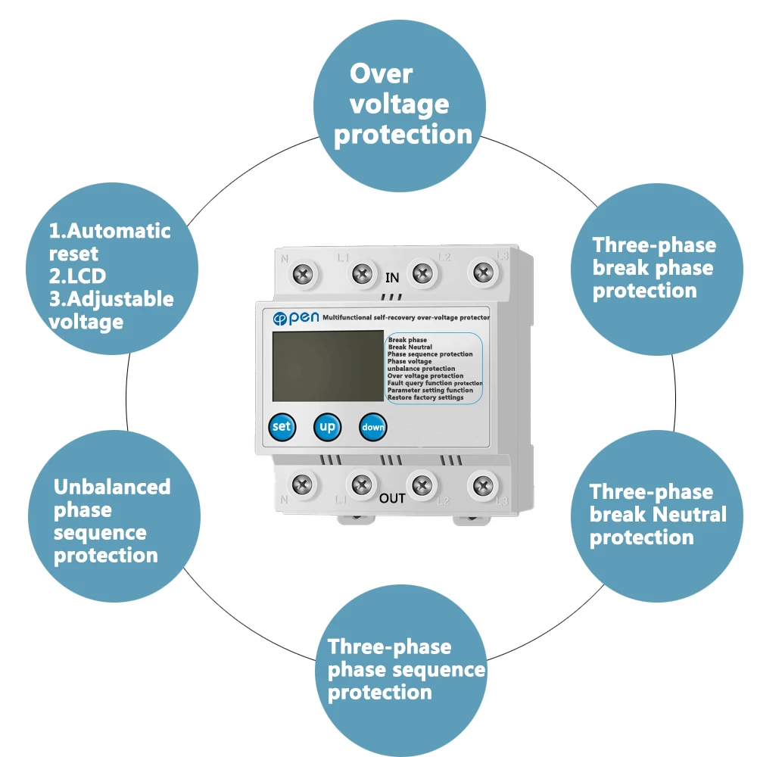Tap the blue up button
tap(327, 427)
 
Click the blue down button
tap(372, 427)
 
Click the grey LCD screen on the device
tap(327, 366)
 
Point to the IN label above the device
tap(392, 278)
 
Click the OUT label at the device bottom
tap(392, 498)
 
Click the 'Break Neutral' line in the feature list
tap(410, 347)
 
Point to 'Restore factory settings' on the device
tap(425, 397)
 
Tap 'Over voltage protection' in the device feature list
tap(425, 375)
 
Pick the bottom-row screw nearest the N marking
tap(303, 481)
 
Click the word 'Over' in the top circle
tap(381, 74)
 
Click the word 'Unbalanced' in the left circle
tap(112, 487)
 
